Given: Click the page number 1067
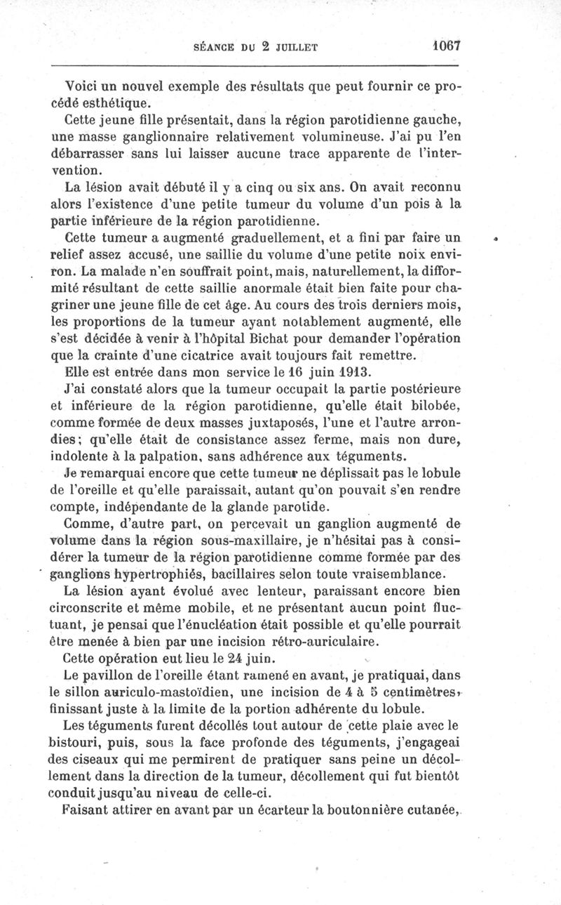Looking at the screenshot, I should point(445,46).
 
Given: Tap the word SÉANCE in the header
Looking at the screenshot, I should point(213,48).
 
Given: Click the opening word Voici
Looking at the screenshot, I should point(83,87).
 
